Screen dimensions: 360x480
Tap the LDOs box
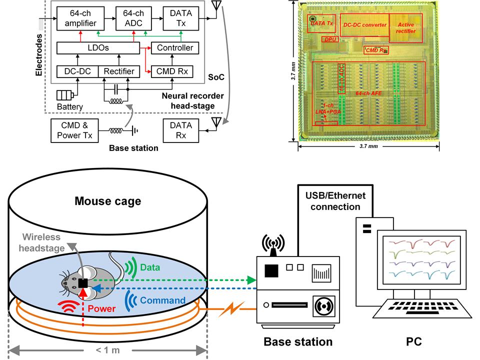[x=98, y=48]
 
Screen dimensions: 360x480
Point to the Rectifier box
[x=119, y=71]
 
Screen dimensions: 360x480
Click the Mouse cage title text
[x=107, y=201]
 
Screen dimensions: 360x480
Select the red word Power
[x=101, y=309]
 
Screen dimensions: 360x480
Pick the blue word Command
[x=163, y=300]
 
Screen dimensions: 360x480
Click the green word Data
[x=149, y=267]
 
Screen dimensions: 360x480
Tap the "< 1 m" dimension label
[x=107, y=349]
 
